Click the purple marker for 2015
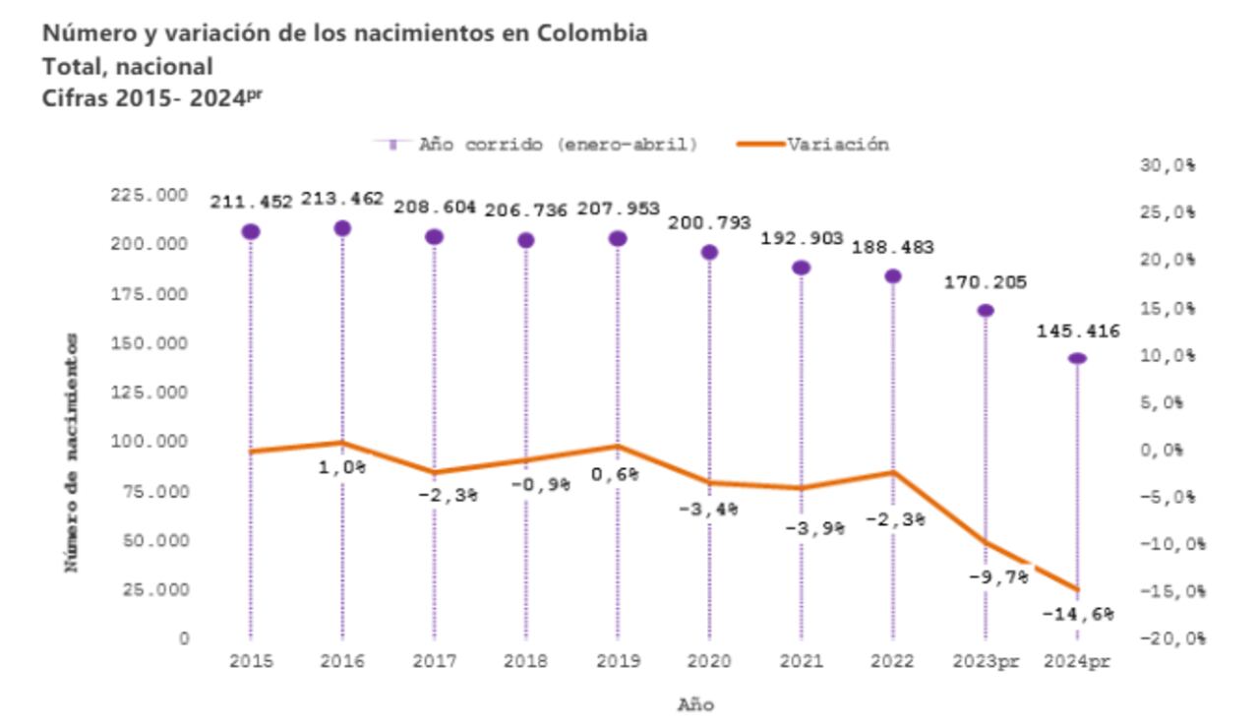[x=251, y=231]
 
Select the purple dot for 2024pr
[x=1077, y=358]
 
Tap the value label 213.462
[x=341, y=199]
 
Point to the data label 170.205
[x=985, y=282]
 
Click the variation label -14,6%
[x=1079, y=615]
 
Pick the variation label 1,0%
[x=341, y=468]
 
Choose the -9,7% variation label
[x=997, y=577]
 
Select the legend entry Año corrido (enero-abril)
[x=558, y=145]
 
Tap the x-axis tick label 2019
[x=617, y=662]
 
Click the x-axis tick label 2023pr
[x=986, y=662]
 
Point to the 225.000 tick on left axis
[x=150, y=196]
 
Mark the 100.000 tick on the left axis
[x=150, y=442]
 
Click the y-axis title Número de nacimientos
[x=72, y=453]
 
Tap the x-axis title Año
[x=695, y=704]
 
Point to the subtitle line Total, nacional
[x=127, y=66]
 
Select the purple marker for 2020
[x=709, y=252]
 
